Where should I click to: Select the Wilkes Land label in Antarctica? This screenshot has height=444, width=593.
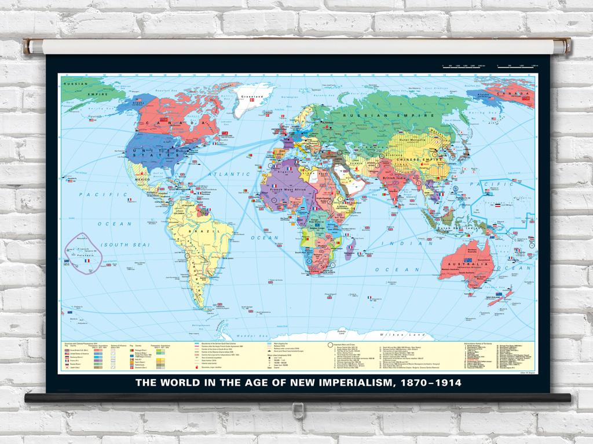point(391,335)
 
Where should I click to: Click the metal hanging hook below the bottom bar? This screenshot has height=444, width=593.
point(297,410)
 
